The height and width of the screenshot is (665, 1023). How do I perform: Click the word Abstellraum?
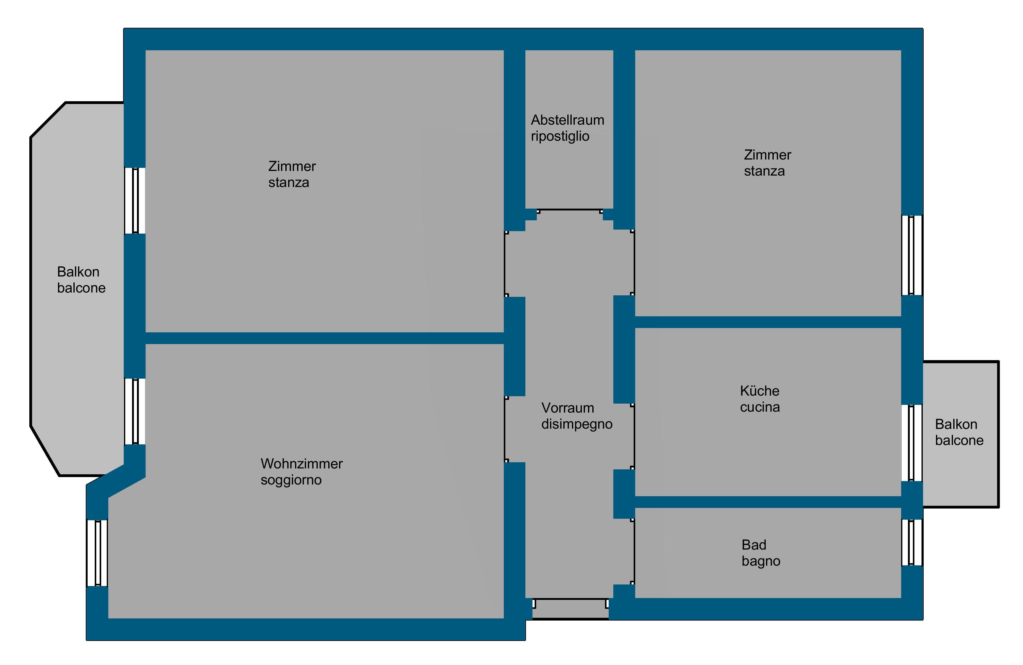pyautogui.click(x=567, y=120)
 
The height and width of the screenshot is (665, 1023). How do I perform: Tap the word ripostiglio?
pyautogui.click(x=560, y=136)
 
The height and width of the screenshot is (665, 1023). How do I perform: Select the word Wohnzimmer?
pyautogui.click(x=301, y=464)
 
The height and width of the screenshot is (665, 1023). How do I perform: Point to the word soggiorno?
pyautogui.click(x=291, y=480)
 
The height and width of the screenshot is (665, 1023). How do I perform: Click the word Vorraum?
pyautogui.click(x=567, y=408)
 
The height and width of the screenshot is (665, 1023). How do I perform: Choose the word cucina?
pyautogui.click(x=760, y=407)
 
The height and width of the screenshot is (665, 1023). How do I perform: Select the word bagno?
pyautogui.click(x=761, y=561)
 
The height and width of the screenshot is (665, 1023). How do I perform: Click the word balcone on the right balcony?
pyautogui.click(x=959, y=441)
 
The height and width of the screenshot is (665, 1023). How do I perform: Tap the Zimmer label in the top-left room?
pyautogui.click(x=292, y=166)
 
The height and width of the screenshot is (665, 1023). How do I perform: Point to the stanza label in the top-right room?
pyautogui.click(x=764, y=171)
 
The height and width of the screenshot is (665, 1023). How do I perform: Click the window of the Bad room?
pyautogui.click(x=912, y=542)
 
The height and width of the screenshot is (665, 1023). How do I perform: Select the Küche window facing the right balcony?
pyautogui.click(x=912, y=443)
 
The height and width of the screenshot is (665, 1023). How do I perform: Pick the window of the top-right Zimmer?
pyautogui.click(x=912, y=255)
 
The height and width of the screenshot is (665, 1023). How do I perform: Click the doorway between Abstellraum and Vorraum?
pyautogui.click(x=569, y=211)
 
